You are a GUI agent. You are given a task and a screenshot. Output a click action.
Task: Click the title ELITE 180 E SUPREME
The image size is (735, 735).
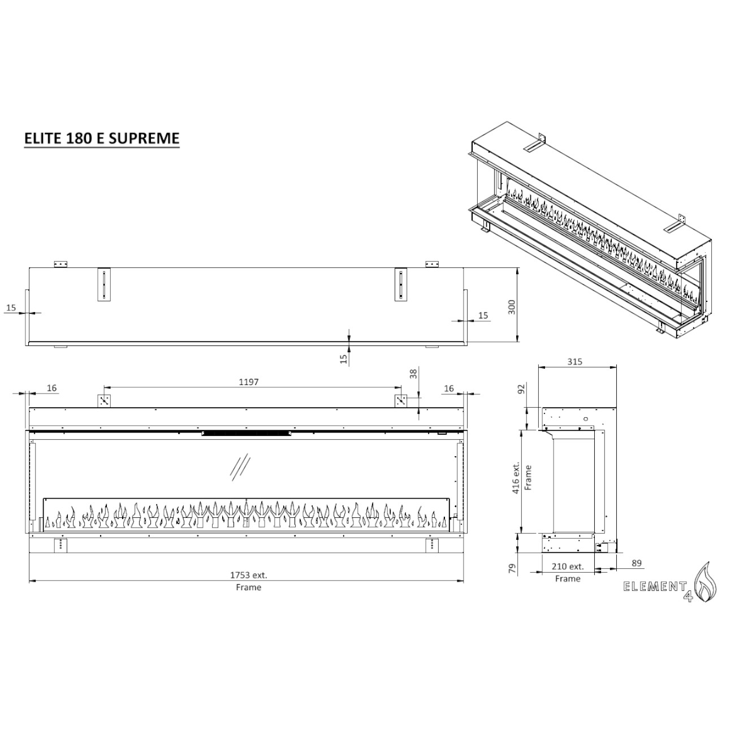(101, 138)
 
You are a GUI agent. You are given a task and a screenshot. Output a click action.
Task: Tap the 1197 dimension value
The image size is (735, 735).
(248, 382)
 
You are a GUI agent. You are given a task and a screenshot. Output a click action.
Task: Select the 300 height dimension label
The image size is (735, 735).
(512, 307)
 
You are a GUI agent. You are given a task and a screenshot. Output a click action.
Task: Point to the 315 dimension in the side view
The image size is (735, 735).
(574, 361)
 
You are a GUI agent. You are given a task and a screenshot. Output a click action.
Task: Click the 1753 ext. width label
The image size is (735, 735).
(248, 575)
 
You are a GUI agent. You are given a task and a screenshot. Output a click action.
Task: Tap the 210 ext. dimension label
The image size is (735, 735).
(568, 567)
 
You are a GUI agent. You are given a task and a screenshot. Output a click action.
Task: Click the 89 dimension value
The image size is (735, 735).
(637, 563)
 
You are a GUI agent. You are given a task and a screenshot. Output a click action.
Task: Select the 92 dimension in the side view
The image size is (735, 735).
(521, 389)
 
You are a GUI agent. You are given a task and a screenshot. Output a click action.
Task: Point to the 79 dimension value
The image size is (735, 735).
(512, 569)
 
